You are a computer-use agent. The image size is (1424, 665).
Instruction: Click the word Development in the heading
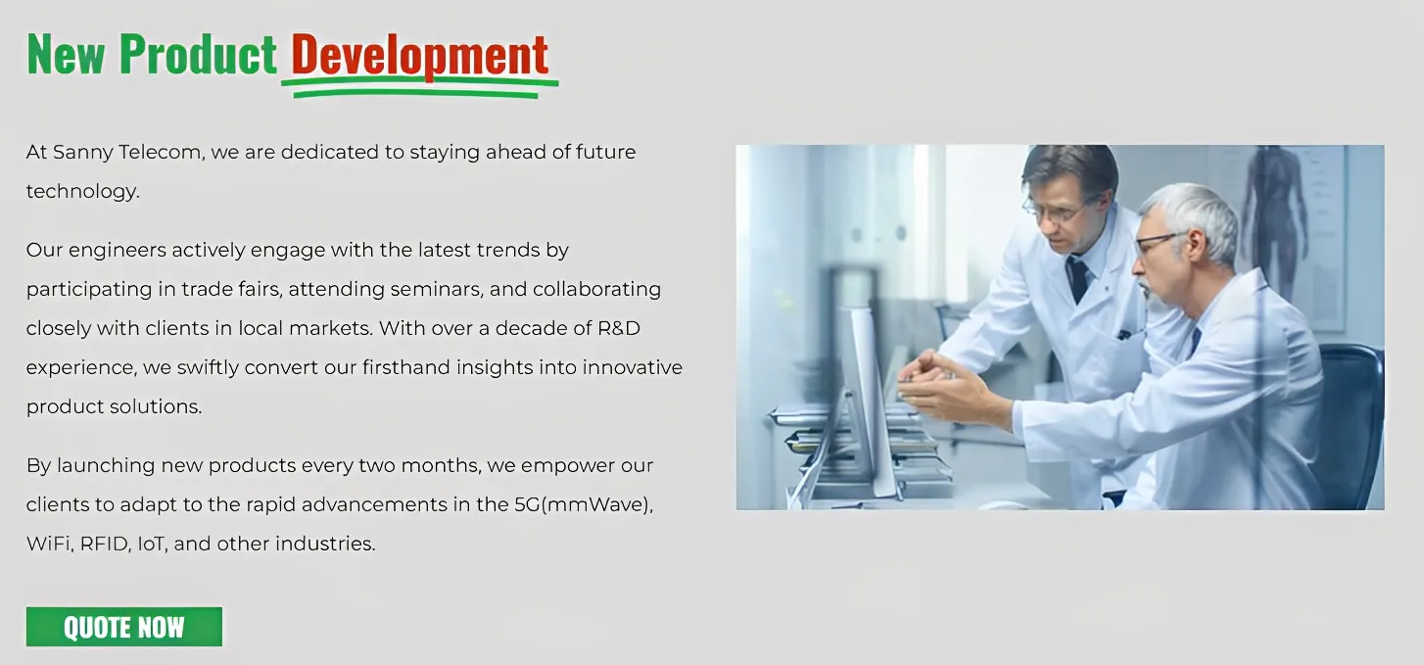pyautogui.click(x=419, y=55)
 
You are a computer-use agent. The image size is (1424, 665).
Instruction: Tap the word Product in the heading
pyautogui.click(x=198, y=54)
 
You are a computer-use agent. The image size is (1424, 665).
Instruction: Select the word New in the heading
pyautogui.click(x=67, y=54)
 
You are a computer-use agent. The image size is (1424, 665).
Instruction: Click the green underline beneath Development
pyautogui.click(x=419, y=89)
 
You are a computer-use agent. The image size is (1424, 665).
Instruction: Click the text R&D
pyautogui.click(x=619, y=328)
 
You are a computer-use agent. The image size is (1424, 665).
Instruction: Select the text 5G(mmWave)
pyautogui.click(x=584, y=504)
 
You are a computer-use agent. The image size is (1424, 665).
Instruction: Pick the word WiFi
pyautogui.click(x=50, y=544)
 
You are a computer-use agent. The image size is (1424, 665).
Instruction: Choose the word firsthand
pyautogui.click(x=406, y=367)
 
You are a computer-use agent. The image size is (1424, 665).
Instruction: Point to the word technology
pyautogui.click(x=82, y=191)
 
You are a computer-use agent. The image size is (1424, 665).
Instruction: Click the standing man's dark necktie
pyautogui.click(x=1079, y=278)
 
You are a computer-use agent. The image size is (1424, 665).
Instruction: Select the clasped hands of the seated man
pyautogui.click(x=934, y=381)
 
